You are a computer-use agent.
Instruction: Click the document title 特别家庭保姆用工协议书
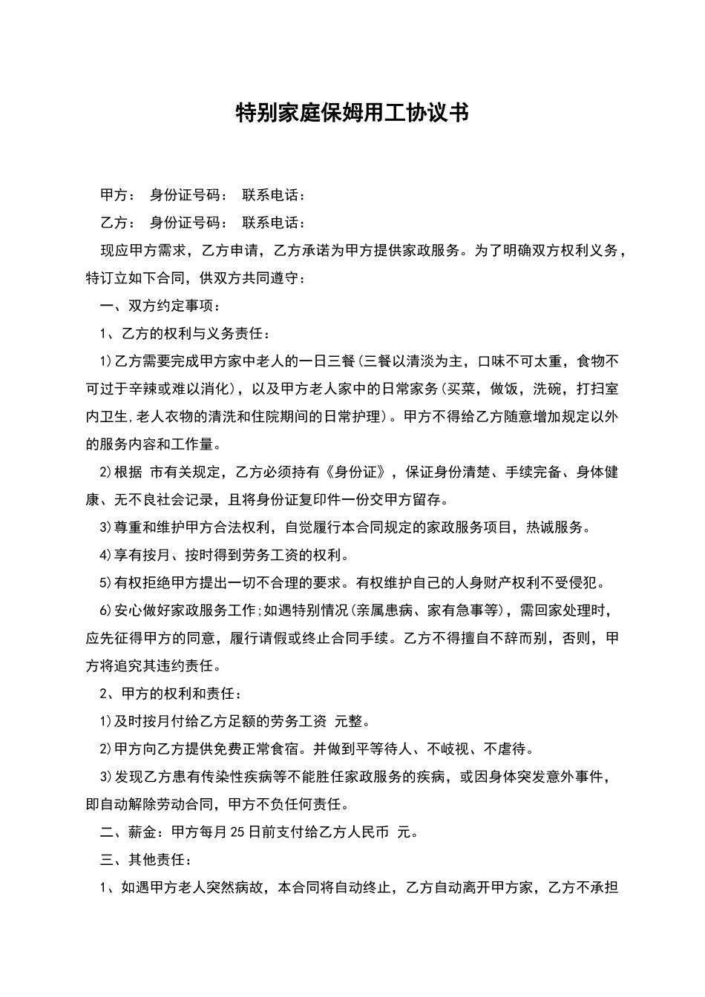pyautogui.click(x=352, y=113)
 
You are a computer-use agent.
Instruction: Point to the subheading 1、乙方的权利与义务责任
pyautogui.click(x=185, y=334)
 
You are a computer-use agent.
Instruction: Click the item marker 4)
pyautogui.click(x=105, y=556)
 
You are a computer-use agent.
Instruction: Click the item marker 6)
pyautogui.click(x=105, y=611)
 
